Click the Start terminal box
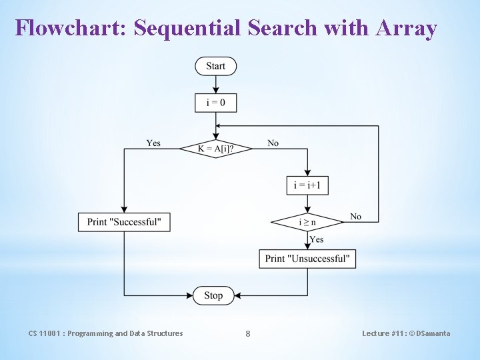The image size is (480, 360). pos(215,66)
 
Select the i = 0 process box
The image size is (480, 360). pos(215,103)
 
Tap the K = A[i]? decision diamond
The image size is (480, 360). pos(215,149)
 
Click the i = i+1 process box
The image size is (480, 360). pos(307,185)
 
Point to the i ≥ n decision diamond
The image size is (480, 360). pos(307,222)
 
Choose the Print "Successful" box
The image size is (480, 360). pos(124,222)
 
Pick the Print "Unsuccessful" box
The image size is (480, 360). pos(307,259)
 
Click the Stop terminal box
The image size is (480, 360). pos(213,295)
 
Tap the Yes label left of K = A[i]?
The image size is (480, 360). pos(153,143)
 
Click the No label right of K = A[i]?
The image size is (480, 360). pos(273,143)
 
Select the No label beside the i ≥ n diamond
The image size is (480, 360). pos(356,216)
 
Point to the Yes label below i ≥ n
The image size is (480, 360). pos(317,239)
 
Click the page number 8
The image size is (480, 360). pos(248,333)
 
